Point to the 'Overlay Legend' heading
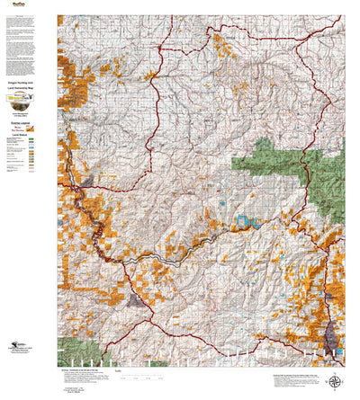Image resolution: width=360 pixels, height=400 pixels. pyautogui.click(x=26, y=122)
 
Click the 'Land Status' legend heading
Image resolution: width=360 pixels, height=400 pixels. pyautogui.click(x=26, y=135)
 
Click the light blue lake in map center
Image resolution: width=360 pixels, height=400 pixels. pyautogui.click(x=241, y=218)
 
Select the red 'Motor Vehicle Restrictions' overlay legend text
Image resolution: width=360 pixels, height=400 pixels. pyautogui.click(x=26, y=129)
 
